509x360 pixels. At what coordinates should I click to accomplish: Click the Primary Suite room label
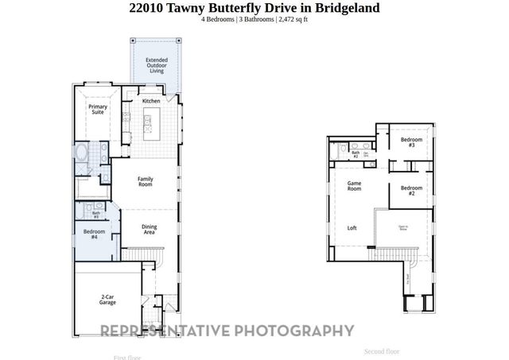pos(97,109)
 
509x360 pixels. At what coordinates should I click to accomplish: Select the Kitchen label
pos(151,102)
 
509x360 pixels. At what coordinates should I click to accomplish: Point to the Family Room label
pos(145,181)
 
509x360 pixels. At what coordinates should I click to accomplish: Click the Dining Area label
pos(149,230)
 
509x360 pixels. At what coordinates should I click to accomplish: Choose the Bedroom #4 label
pos(94,234)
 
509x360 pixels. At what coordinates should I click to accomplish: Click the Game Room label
pos(354,186)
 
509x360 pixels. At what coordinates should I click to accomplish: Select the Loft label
pos(352,228)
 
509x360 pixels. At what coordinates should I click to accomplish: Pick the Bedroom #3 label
pos(411,143)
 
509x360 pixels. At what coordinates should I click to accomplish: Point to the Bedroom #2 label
pos(411,191)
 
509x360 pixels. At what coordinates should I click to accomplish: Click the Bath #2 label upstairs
pos(356,155)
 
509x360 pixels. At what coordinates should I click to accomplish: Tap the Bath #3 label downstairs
pos(96,215)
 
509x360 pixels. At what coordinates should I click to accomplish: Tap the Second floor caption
pos(382,351)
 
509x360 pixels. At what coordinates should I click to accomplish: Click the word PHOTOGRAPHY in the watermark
pos(294,331)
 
